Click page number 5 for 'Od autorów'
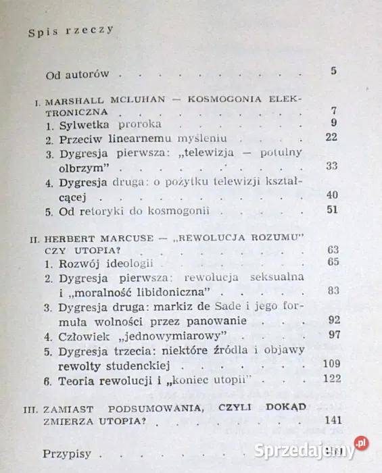pyautogui.click(x=333, y=71)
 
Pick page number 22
pyautogui.click(x=331, y=137)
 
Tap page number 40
pyautogui.click(x=331, y=195)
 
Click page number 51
pyautogui.click(x=331, y=209)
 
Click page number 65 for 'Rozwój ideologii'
pyautogui.click(x=331, y=262)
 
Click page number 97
pyautogui.click(x=331, y=335)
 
